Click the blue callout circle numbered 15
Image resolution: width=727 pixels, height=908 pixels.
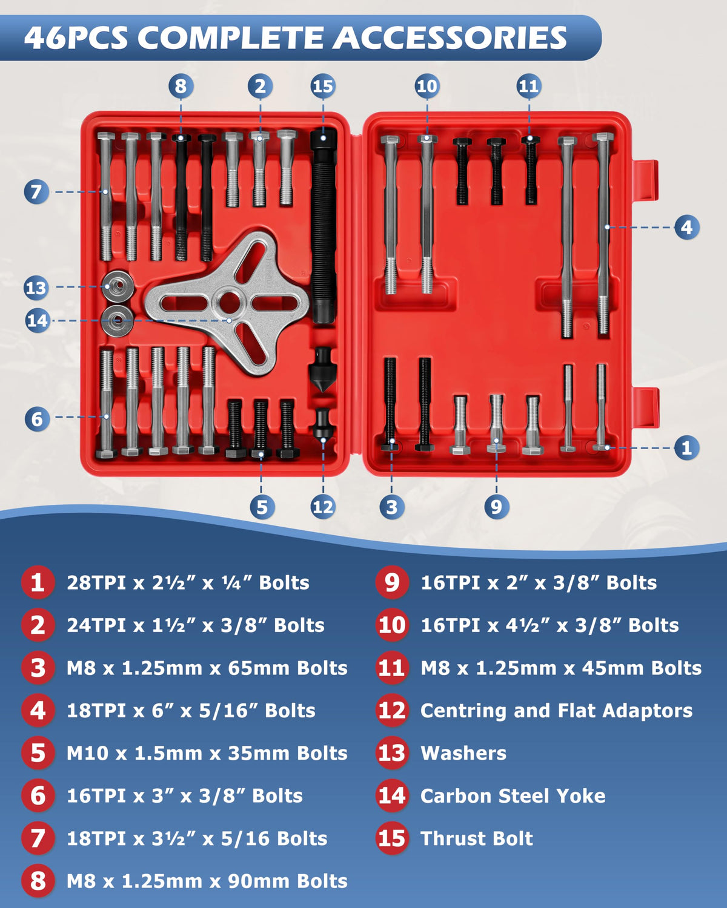coord(323,86)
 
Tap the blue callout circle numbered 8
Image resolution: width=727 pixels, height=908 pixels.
coord(181,86)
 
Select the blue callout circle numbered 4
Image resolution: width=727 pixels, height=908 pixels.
coord(687,227)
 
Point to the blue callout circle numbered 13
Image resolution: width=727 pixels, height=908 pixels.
coord(36,288)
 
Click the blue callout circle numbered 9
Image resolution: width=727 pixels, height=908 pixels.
coord(496,506)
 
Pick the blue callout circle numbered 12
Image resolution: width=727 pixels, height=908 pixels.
coord(323,506)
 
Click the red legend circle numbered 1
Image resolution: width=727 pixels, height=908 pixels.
coord(38,582)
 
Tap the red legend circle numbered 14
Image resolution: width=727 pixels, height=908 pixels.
coord(392,796)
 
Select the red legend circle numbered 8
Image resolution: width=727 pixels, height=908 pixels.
coord(38,881)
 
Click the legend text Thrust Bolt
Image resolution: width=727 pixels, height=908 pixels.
coord(477,838)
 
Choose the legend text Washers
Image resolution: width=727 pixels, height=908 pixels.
coord(463,753)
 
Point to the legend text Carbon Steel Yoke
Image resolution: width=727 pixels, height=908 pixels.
coord(513,796)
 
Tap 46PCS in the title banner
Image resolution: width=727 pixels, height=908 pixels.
coord(76,38)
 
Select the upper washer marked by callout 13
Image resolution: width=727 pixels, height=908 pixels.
coord(118,286)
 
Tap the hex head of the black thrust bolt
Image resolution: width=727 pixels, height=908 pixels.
coord(324,139)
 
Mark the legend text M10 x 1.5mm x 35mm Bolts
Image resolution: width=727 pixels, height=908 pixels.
coord(207,753)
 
